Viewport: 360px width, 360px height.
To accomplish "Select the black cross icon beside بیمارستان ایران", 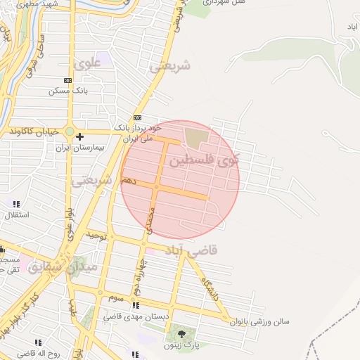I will pyautogui.click(x=80, y=136).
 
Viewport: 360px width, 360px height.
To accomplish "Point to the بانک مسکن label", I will pyautogui.click(x=68, y=91).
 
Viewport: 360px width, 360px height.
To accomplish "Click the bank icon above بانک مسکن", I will pyautogui.click(x=67, y=80).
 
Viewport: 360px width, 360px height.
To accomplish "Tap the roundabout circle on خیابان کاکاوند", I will pyautogui.click(x=70, y=131).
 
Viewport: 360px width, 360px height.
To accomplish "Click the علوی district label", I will pyautogui.click(x=92, y=63).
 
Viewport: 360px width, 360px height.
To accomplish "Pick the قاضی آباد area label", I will pyautogui.click(x=192, y=250).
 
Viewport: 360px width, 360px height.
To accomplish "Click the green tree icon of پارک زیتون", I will pyautogui.click(x=183, y=333).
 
